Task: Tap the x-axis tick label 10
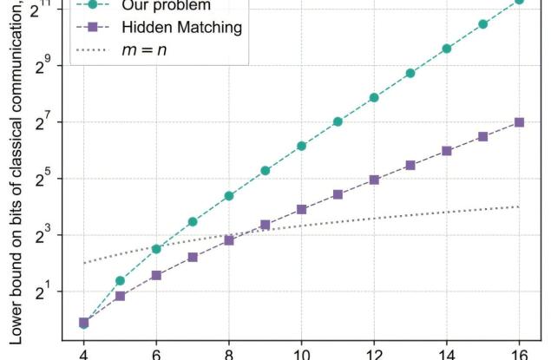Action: tap(301, 351)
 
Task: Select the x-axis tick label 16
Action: tap(518, 351)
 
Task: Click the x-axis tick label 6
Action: tap(156, 351)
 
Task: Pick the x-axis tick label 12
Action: tap(373, 351)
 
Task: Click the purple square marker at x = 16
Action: tap(519, 122)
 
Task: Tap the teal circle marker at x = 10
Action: tap(301, 146)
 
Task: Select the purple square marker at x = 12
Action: tap(374, 180)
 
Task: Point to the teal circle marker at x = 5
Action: tap(120, 280)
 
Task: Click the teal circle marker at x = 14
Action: tap(446, 49)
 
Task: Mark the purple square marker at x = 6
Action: tap(156, 275)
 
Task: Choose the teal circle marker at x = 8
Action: tap(229, 196)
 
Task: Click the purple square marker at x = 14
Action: tap(446, 151)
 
